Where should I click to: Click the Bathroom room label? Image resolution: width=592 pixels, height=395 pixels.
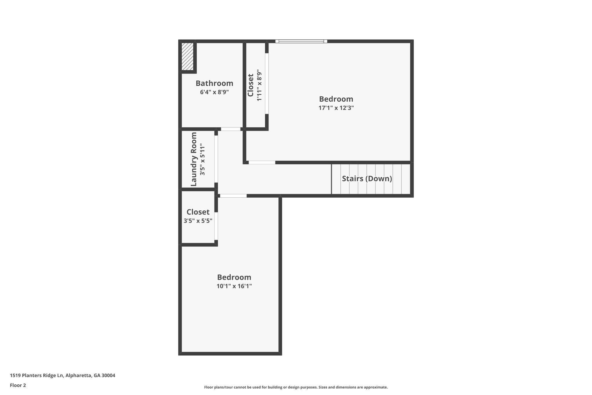click(x=214, y=83)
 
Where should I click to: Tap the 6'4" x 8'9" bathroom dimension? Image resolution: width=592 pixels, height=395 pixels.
click(x=214, y=92)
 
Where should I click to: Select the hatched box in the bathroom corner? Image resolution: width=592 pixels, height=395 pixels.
click(x=187, y=56)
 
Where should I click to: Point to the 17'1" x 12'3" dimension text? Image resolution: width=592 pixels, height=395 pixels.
click(x=336, y=108)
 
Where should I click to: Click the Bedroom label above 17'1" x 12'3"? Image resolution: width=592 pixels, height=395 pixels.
click(x=336, y=99)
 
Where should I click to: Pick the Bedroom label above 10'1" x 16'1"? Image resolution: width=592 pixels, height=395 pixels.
click(x=234, y=277)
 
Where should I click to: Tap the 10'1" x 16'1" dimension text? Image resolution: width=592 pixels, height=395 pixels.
click(x=234, y=286)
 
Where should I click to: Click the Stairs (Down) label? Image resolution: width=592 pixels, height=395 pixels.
click(x=367, y=179)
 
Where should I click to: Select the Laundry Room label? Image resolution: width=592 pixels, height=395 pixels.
click(x=194, y=159)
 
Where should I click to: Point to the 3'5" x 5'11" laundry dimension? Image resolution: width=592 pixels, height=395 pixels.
click(x=202, y=159)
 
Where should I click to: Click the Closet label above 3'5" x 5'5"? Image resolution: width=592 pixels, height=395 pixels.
click(x=198, y=212)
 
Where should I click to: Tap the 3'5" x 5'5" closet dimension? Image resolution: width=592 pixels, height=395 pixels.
click(x=198, y=221)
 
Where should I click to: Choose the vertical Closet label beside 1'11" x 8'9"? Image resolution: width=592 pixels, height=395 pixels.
click(x=251, y=85)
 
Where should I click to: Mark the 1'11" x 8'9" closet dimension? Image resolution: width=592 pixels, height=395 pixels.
click(x=259, y=85)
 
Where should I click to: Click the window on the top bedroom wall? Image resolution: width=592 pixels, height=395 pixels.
click(x=301, y=41)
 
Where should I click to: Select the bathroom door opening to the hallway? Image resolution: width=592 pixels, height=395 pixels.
click(x=231, y=129)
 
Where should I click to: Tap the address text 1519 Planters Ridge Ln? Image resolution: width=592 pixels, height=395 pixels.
click(x=37, y=376)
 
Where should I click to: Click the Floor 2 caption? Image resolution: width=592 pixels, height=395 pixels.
click(x=18, y=385)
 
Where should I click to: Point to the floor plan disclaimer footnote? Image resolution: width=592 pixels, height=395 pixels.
click(x=296, y=387)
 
